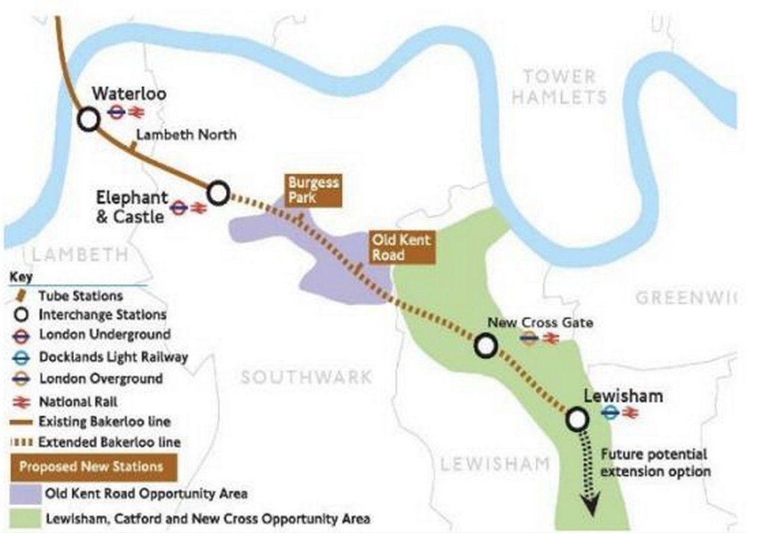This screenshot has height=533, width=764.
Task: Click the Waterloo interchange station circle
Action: click(x=88, y=119)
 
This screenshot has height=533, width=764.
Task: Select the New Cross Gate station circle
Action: click(x=486, y=346)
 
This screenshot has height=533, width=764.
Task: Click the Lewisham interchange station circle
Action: click(x=577, y=419)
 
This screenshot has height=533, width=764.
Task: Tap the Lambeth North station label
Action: click(x=186, y=135)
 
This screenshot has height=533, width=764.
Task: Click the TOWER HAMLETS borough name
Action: click(x=559, y=87)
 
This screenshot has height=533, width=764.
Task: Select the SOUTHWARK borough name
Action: click(x=306, y=377)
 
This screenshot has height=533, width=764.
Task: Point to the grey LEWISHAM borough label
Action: click(x=495, y=464)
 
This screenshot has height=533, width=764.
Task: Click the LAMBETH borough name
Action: click(x=80, y=255)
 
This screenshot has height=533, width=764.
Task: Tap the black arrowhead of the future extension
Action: click(x=591, y=507)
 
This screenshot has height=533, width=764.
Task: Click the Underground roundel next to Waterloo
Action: click(x=116, y=113)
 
